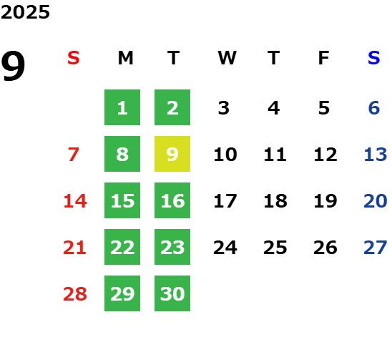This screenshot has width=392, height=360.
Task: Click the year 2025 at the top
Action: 25,12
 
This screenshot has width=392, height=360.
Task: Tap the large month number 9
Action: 13,65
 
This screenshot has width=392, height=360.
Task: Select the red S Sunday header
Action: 74,58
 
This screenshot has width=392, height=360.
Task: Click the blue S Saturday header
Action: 373,58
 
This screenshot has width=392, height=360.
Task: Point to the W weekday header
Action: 227,58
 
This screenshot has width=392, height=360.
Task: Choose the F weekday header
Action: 323,58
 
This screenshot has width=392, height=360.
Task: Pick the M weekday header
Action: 125,58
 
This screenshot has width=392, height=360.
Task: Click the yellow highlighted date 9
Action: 172,154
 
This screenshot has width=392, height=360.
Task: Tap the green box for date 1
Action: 122,107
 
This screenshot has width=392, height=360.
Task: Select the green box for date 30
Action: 172,293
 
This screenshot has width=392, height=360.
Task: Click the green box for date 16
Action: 172,200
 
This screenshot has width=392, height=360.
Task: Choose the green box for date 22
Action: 122,247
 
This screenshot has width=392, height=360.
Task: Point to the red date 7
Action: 74,155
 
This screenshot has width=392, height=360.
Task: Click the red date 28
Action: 75,294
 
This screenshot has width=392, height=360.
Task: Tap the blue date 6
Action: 374,108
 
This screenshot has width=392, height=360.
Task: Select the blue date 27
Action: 376,248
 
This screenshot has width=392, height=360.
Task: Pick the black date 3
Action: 223,108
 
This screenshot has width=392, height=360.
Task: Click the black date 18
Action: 275,201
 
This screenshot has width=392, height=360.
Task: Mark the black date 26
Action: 325,248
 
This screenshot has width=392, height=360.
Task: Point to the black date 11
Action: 275,155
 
